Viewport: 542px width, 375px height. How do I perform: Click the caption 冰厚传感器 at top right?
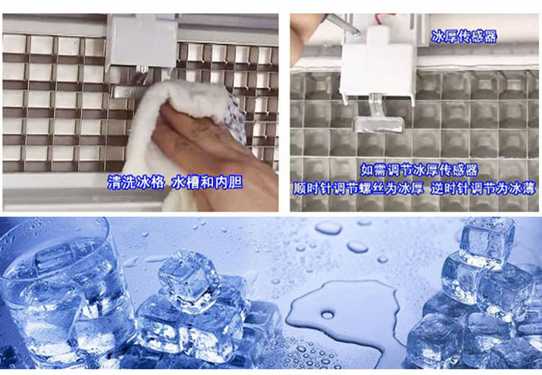(x=464, y=37)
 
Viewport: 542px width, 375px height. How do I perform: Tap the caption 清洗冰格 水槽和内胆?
(x=175, y=182)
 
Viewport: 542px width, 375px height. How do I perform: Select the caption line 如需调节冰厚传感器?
(x=419, y=170)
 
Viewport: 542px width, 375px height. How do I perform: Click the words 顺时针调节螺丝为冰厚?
(x=358, y=189)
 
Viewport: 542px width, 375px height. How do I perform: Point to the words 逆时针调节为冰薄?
(x=483, y=189)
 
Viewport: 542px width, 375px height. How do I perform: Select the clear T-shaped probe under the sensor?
(x=378, y=118)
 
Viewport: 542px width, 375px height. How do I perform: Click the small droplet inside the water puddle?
(x=327, y=314)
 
